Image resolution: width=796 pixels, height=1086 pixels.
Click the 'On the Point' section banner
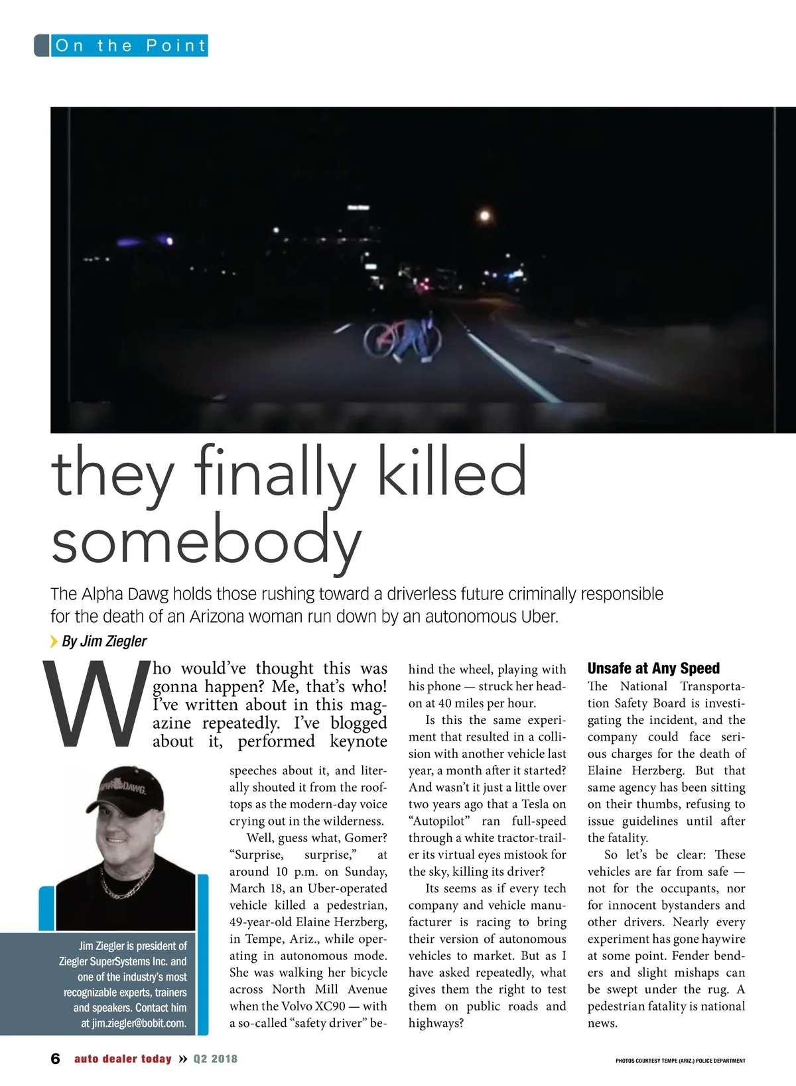[129, 46]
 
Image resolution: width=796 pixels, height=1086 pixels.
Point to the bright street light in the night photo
[485, 215]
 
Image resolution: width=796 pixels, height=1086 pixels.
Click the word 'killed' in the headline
[452, 472]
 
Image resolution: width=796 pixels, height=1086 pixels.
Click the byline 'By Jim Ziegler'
[104, 641]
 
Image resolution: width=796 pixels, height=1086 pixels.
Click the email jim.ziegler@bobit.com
[139, 1023]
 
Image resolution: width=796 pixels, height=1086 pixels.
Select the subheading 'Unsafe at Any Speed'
[653, 668]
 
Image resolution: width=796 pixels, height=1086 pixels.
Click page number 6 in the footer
[56, 1059]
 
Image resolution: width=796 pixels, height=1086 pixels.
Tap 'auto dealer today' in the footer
[123, 1059]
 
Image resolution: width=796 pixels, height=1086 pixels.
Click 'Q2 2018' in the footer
[215, 1059]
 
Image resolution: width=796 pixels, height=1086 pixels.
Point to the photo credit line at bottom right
[680, 1060]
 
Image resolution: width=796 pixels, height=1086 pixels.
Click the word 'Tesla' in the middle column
[530, 804]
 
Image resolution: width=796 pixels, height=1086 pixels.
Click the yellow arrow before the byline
[54, 641]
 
